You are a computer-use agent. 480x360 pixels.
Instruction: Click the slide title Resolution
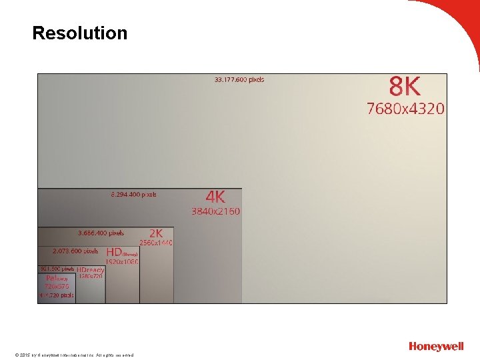tap(79, 33)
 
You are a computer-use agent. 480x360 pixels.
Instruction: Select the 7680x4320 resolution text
tap(405, 108)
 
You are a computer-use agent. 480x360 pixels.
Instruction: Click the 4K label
tap(215, 197)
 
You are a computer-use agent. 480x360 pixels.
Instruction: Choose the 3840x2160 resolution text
tap(215, 211)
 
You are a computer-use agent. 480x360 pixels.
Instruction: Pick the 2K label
tap(155, 233)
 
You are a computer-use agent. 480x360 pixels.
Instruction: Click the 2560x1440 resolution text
tap(156, 243)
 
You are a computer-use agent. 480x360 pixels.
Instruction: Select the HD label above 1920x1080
tap(115, 252)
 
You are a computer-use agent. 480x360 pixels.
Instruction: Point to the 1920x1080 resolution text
tap(122, 262)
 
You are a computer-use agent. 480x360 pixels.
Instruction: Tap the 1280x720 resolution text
tap(91, 276)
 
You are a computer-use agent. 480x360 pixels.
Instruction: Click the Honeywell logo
tap(436, 346)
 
